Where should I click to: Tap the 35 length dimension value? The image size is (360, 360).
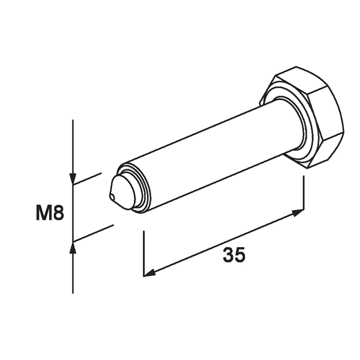[x=234, y=255]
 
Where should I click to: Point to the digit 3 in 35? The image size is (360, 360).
[x=228, y=255]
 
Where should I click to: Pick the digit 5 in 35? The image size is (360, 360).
[x=240, y=255]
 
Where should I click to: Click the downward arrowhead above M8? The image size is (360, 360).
[x=72, y=179]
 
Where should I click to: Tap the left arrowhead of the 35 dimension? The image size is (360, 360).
[x=148, y=274]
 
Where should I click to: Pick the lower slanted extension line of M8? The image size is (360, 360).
[x=93, y=233]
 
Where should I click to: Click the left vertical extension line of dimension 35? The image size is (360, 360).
[x=143, y=252]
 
